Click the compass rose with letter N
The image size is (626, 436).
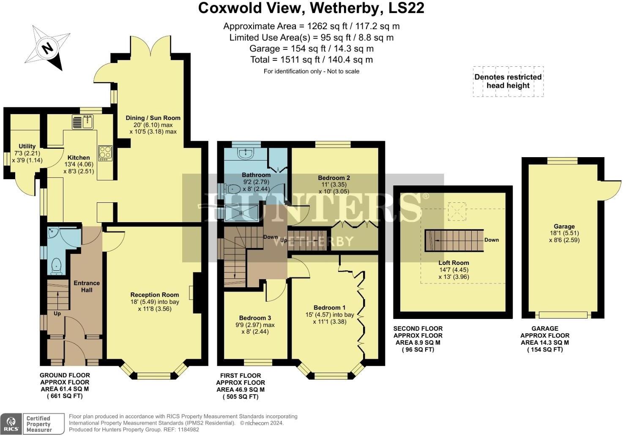[x=47, y=48]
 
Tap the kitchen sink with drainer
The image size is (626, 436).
[x=83, y=122]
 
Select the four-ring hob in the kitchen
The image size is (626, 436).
[x=105, y=153]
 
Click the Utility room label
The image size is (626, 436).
[x=27, y=146]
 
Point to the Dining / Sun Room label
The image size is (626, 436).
[x=153, y=118]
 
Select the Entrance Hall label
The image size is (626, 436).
[x=87, y=286]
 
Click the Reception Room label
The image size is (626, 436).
[x=155, y=295]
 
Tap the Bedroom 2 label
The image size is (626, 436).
[x=334, y=178]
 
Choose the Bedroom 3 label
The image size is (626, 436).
[x=255, y=318]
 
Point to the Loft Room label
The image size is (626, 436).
[x=454, y=263]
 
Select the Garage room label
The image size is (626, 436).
[x=564, y=226]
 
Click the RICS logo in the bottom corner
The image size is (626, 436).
[x=11, y=423]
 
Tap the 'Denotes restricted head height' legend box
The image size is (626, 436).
[x=508, y=81]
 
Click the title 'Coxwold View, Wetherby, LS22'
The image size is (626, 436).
[x=311, y=8]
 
